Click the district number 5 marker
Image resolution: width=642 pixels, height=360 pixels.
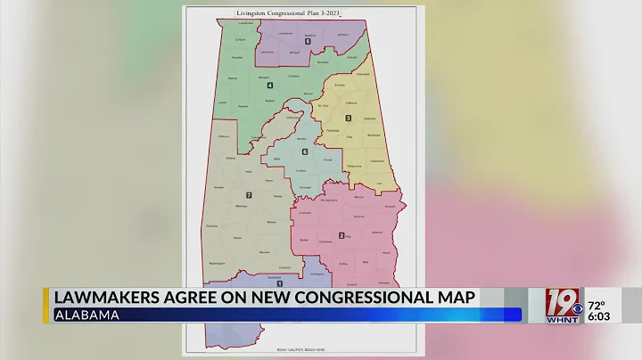coord(308,42)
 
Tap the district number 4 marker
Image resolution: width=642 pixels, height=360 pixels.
coord(269,86)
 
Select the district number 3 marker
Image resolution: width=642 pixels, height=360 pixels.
coord(349,119)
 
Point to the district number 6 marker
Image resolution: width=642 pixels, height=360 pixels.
coord(304,152)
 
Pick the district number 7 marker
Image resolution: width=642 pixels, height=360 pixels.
coord(249,194)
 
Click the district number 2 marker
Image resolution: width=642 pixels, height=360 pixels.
coord(341,236)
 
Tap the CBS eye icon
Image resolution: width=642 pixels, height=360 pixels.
coord(577,308)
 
